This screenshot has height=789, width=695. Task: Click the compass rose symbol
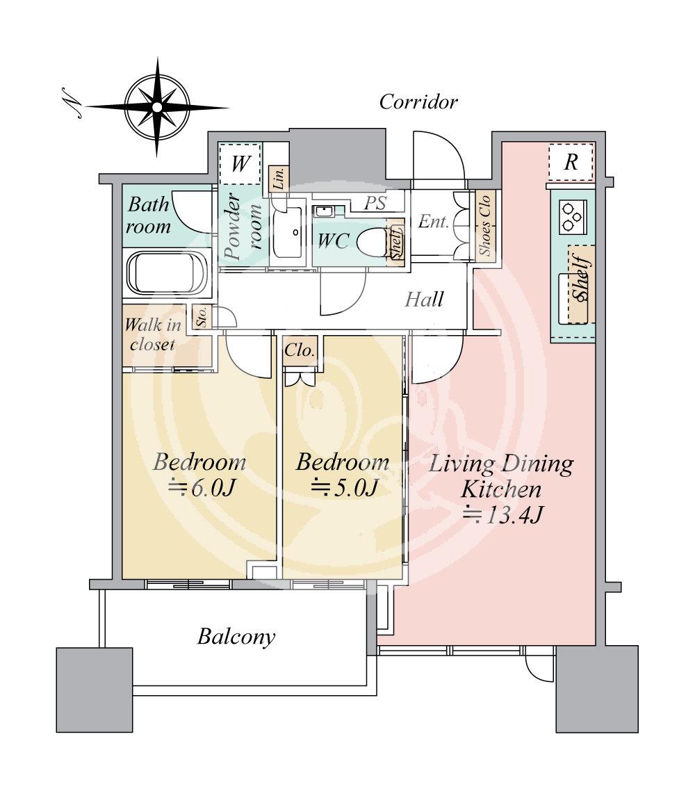coord(157,106)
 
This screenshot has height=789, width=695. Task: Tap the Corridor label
coord(418,102)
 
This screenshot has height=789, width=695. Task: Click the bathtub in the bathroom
coord(167,273)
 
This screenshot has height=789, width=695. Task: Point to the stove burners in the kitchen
coord(573,217)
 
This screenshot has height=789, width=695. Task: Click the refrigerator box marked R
coord(571,163)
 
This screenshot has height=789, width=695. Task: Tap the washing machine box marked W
coord(240,164)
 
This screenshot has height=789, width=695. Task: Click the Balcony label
coord(236,637)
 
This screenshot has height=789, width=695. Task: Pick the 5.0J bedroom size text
coord(344,488)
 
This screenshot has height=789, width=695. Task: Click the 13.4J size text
coord(502,515)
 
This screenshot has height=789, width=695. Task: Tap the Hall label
coord(424,300)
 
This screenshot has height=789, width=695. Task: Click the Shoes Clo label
coord(484,225)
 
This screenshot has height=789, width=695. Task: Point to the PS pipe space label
coord(375,203)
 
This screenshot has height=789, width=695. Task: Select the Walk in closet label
coord(152,334)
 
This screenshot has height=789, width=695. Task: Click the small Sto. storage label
coord(202,318)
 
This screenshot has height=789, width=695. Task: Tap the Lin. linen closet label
coord(279,178)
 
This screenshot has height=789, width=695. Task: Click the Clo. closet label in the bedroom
coord(300,350)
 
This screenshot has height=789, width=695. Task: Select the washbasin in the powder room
coord(287,232)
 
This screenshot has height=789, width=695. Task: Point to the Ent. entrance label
coord(433,221)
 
